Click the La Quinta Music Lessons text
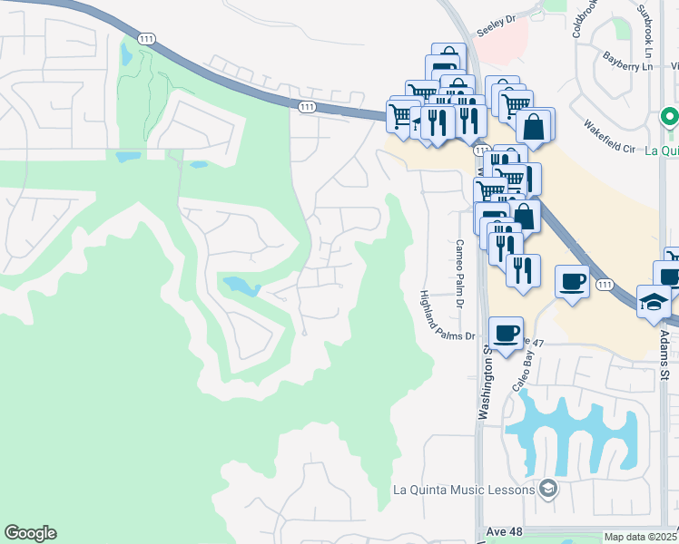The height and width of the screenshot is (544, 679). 465,490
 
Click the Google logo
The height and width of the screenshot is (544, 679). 30,533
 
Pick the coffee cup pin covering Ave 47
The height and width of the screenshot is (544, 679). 506,334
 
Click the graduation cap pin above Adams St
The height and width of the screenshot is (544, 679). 654,302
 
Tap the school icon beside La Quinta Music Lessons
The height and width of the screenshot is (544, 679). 547,490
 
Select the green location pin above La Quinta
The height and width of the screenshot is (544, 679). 669,118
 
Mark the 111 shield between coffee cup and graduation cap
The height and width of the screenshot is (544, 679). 604,285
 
